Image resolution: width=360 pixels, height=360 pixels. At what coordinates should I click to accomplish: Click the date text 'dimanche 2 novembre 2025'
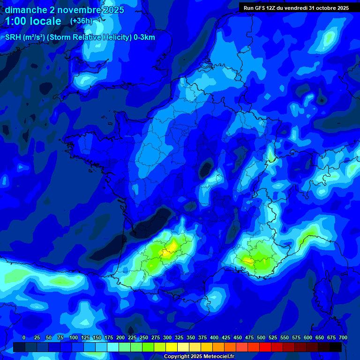coord(64,10)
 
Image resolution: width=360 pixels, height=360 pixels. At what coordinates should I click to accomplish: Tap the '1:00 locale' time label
coord(33,21)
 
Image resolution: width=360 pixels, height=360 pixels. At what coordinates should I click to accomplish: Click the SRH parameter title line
coord(80,37)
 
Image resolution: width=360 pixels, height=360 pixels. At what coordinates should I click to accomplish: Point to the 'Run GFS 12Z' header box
coord(296,7)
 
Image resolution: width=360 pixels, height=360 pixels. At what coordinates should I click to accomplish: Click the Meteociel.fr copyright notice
coord(199,357)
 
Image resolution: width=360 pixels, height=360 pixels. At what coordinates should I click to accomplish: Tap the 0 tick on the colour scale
coord(24,337)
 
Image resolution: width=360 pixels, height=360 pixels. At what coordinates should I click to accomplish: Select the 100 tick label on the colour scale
coord(74,337)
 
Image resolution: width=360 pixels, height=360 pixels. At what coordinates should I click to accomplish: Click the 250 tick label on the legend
coord(144,337)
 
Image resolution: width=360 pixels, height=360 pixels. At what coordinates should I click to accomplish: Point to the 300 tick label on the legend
coord(167,337)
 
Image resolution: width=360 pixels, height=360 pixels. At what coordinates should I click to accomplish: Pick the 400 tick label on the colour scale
coord(214,337)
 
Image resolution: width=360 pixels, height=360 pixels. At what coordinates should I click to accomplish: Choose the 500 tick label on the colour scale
coord(261,337)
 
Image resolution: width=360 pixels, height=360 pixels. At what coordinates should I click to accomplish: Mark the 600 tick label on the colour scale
coord(308,337)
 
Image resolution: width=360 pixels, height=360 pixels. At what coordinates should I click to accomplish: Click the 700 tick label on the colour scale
coord(343,337)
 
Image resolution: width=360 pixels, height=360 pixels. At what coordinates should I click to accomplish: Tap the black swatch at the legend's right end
coord(336,347)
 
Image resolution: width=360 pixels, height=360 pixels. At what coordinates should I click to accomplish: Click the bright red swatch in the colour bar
coord(265,347)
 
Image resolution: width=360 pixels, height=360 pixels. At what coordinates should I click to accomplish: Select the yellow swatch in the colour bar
coord(172,347)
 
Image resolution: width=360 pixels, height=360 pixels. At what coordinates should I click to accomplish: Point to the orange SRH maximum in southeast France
coord(247,259)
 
